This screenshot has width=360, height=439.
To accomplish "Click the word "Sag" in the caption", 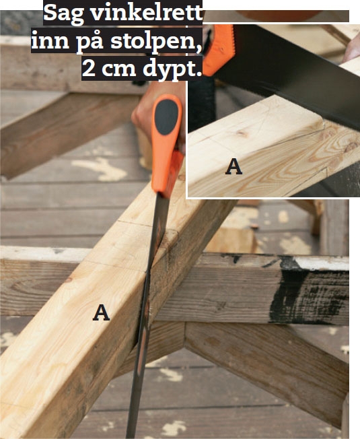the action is click(x=64, y=14).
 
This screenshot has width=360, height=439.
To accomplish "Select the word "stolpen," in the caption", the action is click(x=156, y=42).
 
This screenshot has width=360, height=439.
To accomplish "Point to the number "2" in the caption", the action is click(x=89, y=69).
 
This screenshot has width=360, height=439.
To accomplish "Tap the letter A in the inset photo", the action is click(x=233, y=166).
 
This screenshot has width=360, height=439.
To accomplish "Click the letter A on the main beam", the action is click(x=101, y=312).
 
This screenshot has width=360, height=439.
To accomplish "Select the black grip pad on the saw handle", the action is click(x=166, y=117).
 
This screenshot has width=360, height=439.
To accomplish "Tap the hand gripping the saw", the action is click(x=157, y=112).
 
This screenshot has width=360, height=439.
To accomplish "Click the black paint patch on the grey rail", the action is click(x=305, y=291).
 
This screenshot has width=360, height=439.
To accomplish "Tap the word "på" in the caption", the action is click(x=89, y=42).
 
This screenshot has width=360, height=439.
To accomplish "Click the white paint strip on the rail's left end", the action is click(x=45, y=254).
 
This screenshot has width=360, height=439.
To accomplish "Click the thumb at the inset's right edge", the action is click(x=352, y=50).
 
